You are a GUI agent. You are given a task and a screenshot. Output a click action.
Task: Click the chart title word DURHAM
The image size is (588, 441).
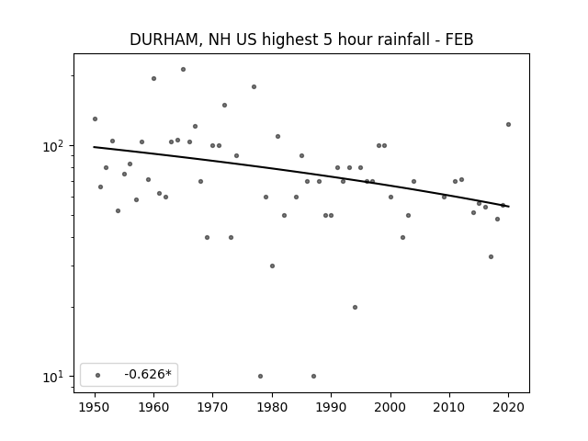164,40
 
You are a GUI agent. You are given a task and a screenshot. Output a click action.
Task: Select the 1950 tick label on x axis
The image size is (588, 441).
95,407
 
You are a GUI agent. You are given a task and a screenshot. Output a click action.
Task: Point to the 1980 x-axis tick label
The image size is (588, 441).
272,407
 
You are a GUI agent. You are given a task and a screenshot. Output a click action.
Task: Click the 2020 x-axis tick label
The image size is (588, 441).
508,407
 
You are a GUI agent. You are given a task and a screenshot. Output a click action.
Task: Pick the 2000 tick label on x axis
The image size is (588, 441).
390,407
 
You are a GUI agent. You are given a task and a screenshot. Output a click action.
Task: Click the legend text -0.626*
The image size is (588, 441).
148,374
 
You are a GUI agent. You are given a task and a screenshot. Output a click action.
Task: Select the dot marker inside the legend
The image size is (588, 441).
98,375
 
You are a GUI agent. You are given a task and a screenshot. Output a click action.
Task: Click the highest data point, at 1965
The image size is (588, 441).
183,70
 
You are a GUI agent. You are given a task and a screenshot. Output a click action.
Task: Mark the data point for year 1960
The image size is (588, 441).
153,78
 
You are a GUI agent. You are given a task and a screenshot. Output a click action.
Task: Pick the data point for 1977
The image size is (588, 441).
254,86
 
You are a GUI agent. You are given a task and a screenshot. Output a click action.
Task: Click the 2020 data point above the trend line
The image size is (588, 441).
508,125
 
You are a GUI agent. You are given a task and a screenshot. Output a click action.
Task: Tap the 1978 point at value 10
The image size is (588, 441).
260,376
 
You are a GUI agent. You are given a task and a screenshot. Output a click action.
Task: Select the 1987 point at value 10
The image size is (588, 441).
313,376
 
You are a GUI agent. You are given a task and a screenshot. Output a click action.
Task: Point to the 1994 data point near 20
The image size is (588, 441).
355,307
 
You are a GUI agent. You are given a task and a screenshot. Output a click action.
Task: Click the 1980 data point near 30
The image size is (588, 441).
272,266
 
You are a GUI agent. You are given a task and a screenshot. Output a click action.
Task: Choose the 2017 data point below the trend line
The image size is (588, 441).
491,257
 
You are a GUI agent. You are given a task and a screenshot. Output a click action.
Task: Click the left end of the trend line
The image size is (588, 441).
94,147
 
